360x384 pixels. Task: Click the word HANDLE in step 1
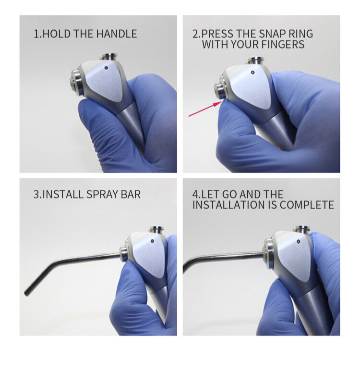tap(117, 34)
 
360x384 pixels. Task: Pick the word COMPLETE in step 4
tap(307, 205)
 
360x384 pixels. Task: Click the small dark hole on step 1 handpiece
tap(106, 68)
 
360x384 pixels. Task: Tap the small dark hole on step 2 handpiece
tap(253, 72)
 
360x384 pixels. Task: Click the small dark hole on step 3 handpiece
tap(152, 241)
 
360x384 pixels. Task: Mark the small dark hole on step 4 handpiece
tap(299, 241)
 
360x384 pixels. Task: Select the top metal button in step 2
tap(256, 60)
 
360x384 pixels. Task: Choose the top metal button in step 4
tap(302, 229)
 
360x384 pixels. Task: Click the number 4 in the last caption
tap(195, 195)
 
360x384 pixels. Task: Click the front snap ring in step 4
tap(268, 253)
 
